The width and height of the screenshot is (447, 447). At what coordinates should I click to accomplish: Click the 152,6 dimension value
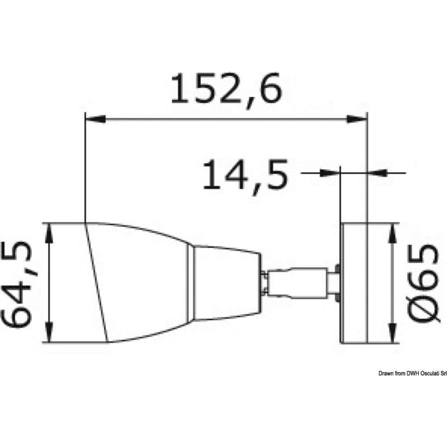227,89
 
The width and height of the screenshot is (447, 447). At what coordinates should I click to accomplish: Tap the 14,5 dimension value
244,175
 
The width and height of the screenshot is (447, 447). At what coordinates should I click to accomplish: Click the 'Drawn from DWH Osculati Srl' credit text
412,373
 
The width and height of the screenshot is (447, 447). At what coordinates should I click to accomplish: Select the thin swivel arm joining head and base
297,282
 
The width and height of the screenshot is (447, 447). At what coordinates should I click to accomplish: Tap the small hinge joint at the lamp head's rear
265,282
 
